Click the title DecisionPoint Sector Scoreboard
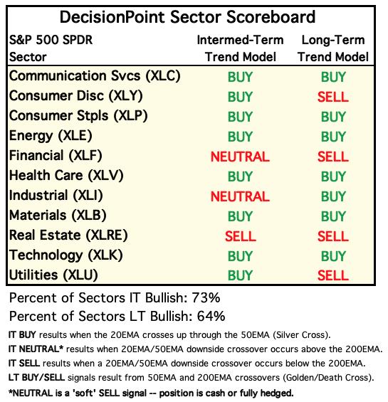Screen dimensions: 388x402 point(187,17)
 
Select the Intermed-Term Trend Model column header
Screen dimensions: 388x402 point(240,48)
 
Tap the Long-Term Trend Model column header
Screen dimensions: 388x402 point(333,48)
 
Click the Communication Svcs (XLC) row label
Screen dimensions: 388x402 point(95,76)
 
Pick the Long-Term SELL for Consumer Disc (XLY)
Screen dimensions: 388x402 point(333,97)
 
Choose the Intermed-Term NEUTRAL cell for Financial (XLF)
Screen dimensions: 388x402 point(240,157)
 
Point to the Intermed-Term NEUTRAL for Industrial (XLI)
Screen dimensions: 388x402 point(240,196)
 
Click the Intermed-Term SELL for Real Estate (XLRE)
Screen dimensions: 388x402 point(241,236)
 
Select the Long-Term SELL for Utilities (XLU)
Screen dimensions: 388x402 point(333,276)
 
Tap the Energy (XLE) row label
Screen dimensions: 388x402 point(51,136)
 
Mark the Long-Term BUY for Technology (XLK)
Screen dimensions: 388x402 point(333,256)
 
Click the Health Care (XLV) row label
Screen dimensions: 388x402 point(66,176)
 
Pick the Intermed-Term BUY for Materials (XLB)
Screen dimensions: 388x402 point(240,216)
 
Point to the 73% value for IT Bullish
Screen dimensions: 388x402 point(206,298)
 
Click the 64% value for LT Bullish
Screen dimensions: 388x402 point(211,316)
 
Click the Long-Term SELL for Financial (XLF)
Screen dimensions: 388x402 point(333,157)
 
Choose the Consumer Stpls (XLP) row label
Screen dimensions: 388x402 point(78,116)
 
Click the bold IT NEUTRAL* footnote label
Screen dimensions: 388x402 point(36,349)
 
